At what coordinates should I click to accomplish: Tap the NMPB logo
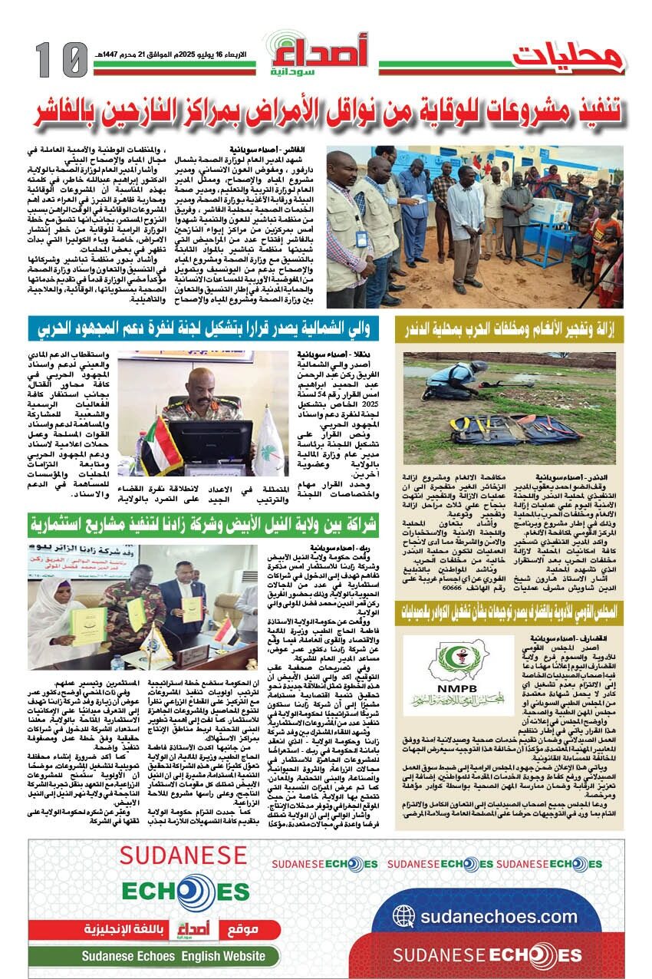click(459, 673)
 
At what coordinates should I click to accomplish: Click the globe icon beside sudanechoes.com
click(404, 917)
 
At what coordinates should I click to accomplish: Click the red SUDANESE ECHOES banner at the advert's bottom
click(486, 955)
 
